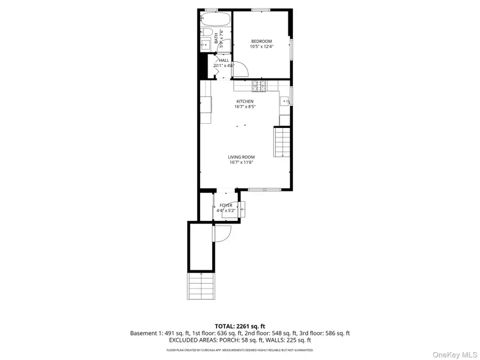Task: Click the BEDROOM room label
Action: [x=261, y=42]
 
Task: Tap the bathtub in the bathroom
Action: [x=215, y=21]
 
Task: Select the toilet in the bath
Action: [x=205, y=33]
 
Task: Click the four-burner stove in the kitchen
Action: [x=259, y=84]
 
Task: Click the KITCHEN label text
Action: [x=245, y=101]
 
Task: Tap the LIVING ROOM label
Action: [x=241, y=157]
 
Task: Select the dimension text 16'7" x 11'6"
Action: [x=241, y=162]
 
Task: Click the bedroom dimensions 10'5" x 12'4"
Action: [x=261, y=47]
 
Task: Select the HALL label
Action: [x=224, y=60]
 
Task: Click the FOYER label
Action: [x=226, y=205]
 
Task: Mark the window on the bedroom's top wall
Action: [x=260, y=10]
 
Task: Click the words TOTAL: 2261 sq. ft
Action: [x=239, y=326]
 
